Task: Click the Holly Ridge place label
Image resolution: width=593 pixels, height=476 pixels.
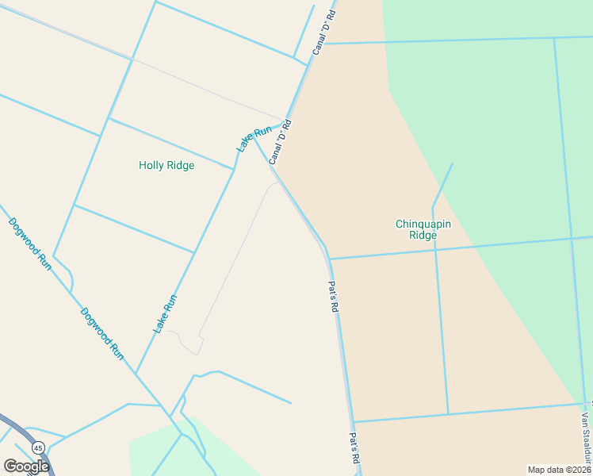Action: pyautogui.click(x=166, y=166)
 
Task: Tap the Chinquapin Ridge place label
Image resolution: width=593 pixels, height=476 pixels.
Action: pyautogui.click(x=423, y=229)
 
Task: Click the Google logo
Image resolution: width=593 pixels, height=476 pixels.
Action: pyautogui.click(x=26, y=466)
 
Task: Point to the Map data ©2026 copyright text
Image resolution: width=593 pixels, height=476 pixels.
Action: pyautogui.click(x=560, y=470)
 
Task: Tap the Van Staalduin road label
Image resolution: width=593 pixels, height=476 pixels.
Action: pyautogui.click(x=586, y=436)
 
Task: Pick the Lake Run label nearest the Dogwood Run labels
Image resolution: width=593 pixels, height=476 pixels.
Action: pyautogui.click(x=165, y=313)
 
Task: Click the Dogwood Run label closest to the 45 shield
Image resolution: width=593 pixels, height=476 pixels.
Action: pyautogui.click(x=102, y=334)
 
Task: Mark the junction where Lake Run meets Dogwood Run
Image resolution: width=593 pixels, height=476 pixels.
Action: pyautogui.click(x=136, y=374)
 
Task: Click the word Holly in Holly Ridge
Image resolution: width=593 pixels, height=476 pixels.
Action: pyautogui.click(x=151, y=166)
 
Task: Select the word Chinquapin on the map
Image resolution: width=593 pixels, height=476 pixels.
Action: pyautogui.click(x=423, y=224)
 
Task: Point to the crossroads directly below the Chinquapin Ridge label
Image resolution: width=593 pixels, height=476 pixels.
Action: pyautogui.click(x=434, y=248)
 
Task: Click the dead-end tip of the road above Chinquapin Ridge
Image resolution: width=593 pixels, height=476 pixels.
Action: pyautogui.click(x=453, y=164)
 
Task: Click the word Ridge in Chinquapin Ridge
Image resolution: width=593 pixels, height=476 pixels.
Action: pyautogui.click(x=423, y=235)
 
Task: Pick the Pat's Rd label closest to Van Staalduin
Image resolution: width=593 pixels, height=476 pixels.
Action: pyautogui.click(x=355, y=449)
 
